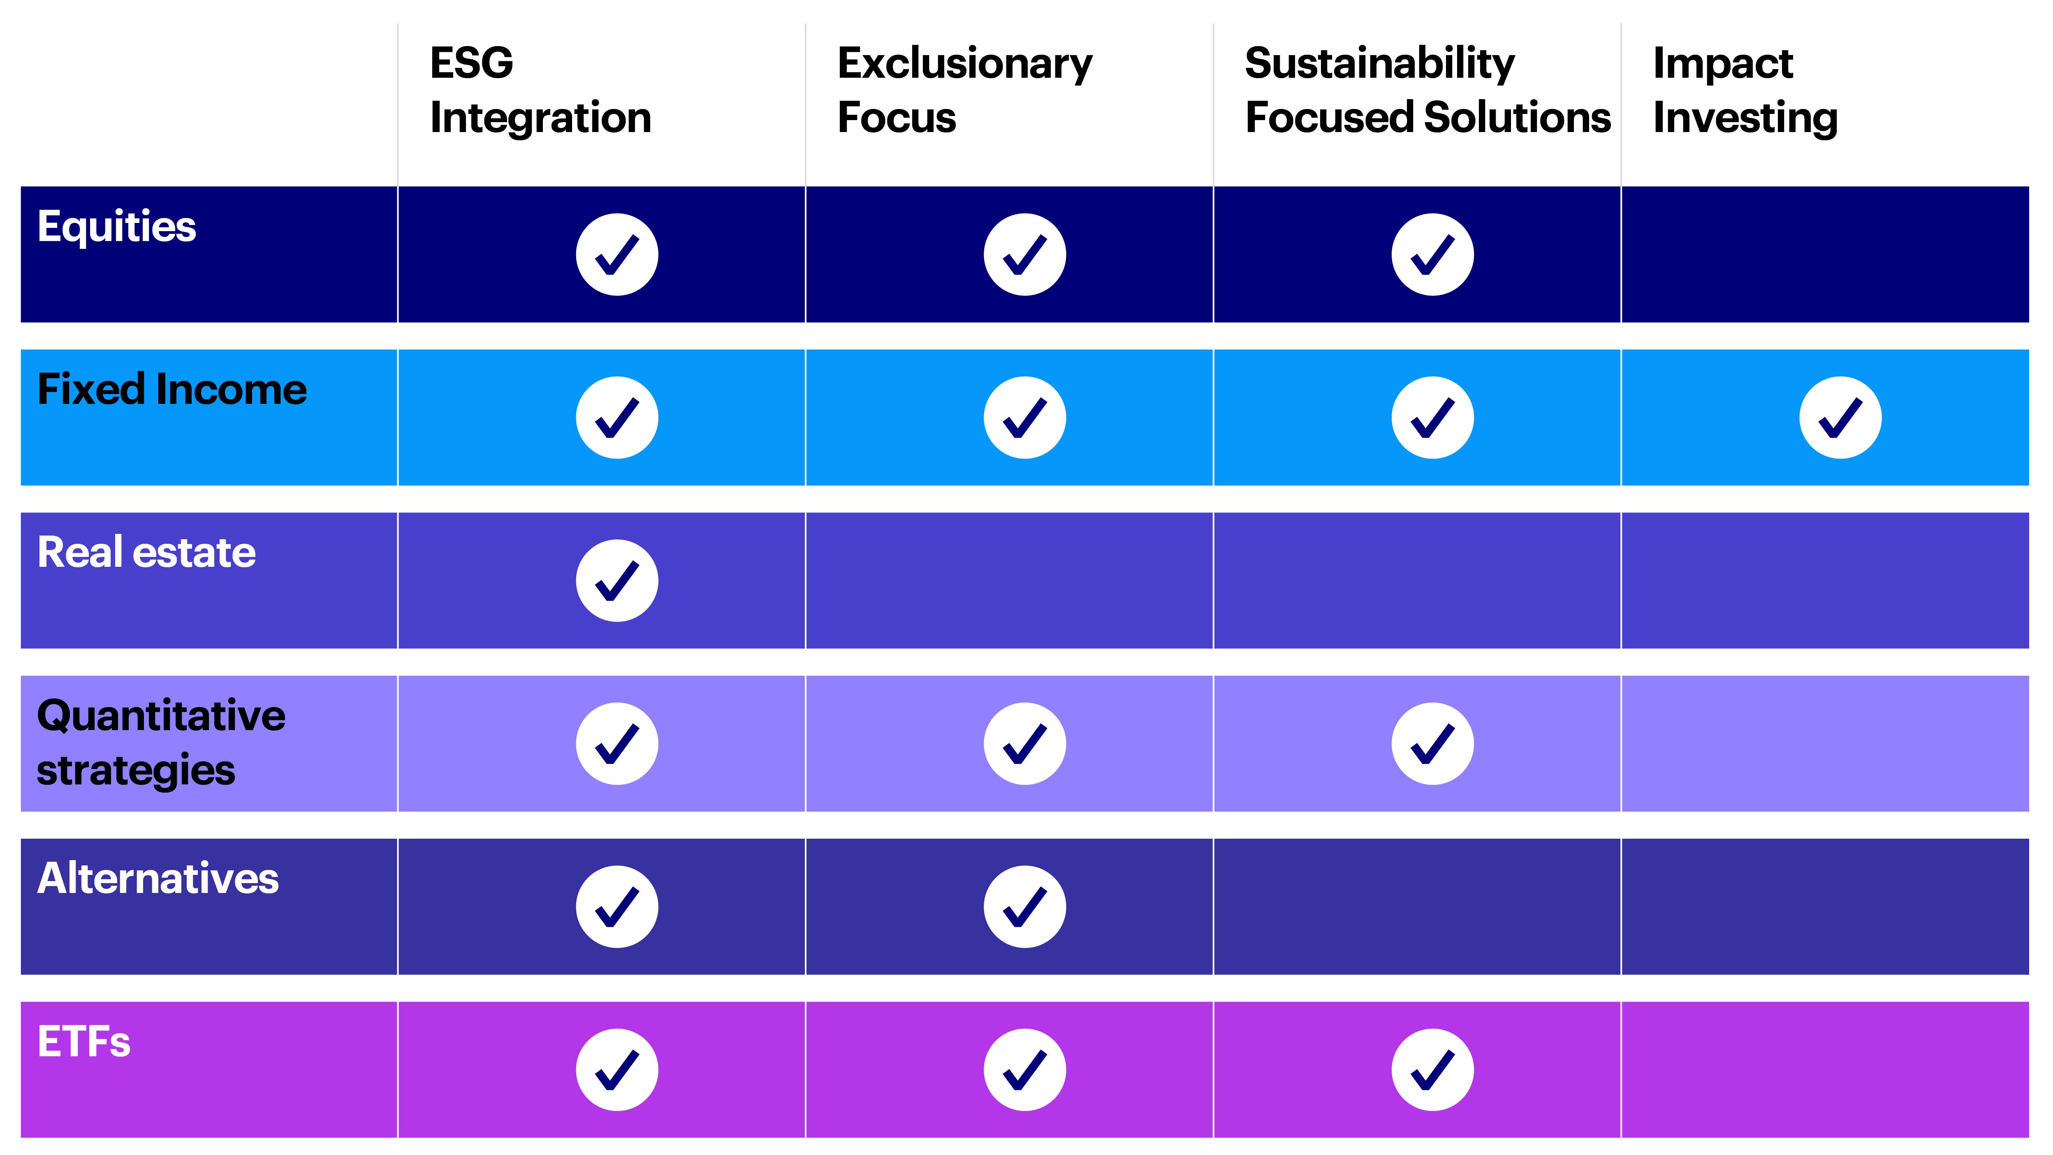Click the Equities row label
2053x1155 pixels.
point(116,226)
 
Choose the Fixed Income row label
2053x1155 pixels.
point(171,390)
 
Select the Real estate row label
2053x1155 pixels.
point(147,552)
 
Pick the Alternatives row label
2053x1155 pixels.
point(158,879)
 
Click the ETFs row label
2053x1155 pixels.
point(83,1042)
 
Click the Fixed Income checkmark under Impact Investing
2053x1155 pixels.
point(1840,417)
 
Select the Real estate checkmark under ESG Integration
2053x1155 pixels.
point(617,580)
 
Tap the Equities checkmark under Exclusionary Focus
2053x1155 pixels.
point(1025,254)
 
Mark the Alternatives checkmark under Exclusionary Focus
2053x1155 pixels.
point(1025,906)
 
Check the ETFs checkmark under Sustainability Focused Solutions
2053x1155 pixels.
point(1432,1070)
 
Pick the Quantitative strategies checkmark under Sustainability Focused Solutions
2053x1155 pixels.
point(1432,744)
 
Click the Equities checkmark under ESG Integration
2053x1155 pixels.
point(617,254)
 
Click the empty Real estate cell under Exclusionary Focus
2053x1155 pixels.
point(1009,580)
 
